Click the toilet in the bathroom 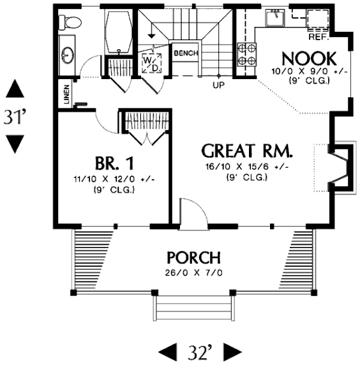(70, 22)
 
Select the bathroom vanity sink (68, 55)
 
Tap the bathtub (119, 31)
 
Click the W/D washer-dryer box (151, 63)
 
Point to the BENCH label (186, 53)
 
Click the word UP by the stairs (219, 86)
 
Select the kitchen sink (276, 18)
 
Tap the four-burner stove (247, 55)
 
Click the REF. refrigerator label (319, 37)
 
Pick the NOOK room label (309, 59)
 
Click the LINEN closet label (66, 94)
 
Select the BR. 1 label (114, 163)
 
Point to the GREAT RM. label (247, 151)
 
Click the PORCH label (194, 257)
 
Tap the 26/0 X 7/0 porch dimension (194, 272)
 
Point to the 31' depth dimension (15, 116)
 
